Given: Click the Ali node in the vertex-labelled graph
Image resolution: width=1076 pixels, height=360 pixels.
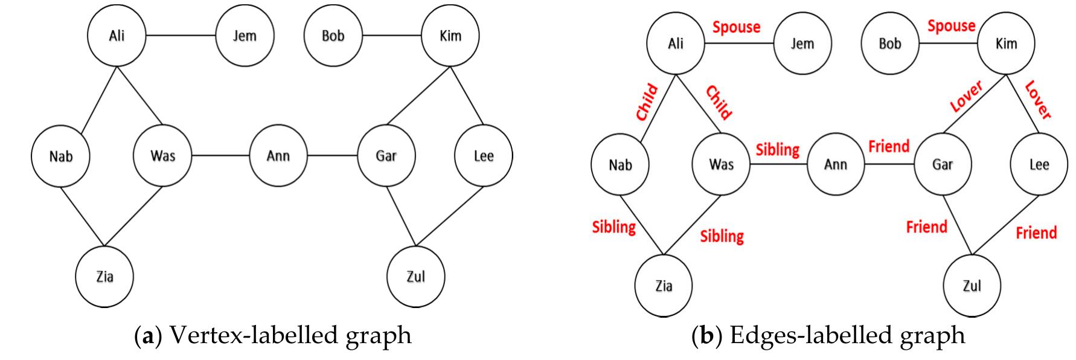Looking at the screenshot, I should coord(117,36).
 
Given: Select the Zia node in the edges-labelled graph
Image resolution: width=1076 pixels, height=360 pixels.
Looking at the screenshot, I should coord(664,286).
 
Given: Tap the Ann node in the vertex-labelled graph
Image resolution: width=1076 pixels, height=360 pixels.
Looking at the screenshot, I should coord(278,156).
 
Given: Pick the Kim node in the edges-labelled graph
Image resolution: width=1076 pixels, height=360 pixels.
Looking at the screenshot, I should coord(1006,43).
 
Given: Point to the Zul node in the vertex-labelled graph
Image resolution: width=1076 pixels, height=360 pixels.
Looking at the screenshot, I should coord(415,277).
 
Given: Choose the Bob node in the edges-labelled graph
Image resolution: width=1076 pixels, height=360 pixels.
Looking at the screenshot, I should coord(889,43).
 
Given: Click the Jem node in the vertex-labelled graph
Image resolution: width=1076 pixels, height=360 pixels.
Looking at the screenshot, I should coord(245,36).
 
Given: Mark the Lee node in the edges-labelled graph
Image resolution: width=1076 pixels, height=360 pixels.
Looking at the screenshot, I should coord(1039,164).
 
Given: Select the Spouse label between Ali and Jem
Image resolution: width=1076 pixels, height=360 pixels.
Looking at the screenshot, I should coord(736,27).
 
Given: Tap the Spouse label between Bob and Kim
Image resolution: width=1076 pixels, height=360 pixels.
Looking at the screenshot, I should coord(951,26).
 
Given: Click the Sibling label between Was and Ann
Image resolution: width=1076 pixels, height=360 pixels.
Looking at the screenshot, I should coord(777,149).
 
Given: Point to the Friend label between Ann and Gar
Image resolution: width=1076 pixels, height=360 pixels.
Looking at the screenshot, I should coord(888,146).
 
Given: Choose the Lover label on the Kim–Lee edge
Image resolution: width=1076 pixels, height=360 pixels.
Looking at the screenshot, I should coord(1039,100).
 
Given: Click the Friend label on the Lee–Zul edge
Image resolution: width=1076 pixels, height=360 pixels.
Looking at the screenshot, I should coord(1036,233).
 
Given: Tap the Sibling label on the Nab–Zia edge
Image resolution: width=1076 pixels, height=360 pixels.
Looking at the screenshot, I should coord(613,227).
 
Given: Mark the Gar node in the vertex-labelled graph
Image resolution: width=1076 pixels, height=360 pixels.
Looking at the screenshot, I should coord(386,156).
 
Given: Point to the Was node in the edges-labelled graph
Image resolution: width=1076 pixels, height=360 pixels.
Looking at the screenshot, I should coord(721,164).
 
